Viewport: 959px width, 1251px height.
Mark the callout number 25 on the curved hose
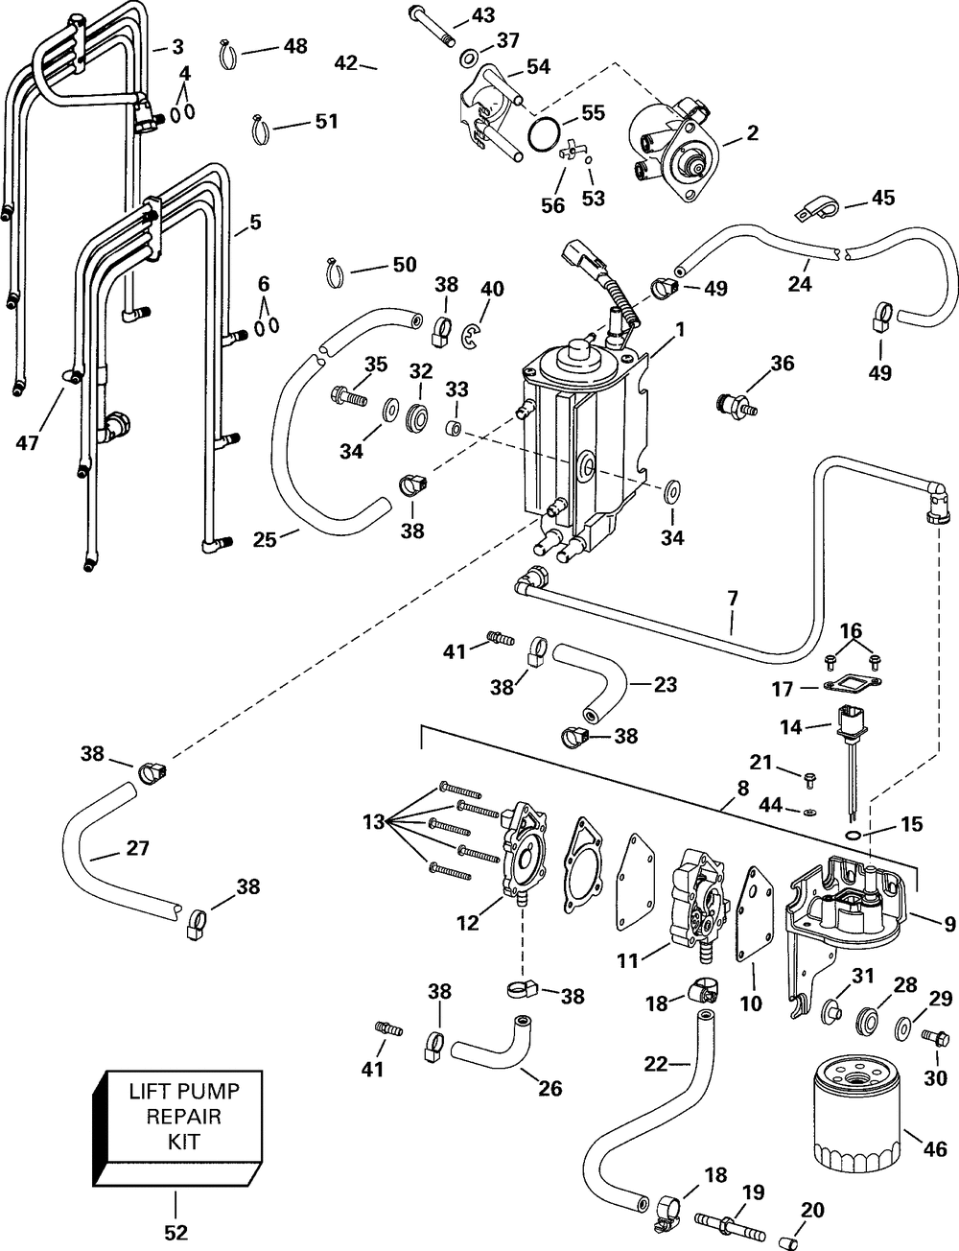[265, 539]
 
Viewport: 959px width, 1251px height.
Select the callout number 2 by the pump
[752, 133]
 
